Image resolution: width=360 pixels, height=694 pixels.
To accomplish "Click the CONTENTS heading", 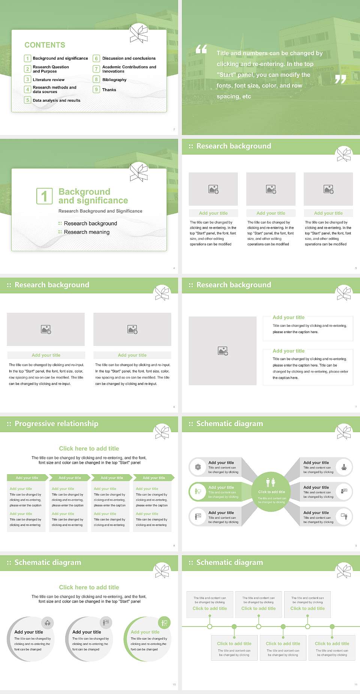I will [45, 45].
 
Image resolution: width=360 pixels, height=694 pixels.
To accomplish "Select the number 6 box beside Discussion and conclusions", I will [96, 59].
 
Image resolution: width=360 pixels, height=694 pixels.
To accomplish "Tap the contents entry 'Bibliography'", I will [114, 80].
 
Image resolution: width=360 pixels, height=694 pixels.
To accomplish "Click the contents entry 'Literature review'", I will [48, 80].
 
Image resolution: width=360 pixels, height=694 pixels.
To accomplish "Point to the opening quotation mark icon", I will [201, 49].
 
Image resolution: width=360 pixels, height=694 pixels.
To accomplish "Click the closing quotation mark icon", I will [340, 79].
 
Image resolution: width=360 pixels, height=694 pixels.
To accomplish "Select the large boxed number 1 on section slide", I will [44, 196].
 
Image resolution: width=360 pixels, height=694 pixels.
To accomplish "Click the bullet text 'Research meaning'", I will [87, 232].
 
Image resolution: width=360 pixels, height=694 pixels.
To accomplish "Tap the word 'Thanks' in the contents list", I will [109, 90].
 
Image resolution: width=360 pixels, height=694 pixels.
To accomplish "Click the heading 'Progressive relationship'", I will [56, 424].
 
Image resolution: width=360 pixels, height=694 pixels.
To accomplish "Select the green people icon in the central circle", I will [271, 482].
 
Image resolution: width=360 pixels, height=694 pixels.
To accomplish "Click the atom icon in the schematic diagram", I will [198, 467].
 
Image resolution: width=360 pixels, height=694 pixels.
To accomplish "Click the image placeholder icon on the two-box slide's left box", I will [46, 329].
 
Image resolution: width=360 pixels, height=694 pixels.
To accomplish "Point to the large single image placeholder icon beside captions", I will [223, 351].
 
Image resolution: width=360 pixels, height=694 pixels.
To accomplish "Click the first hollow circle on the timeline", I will [210, 626].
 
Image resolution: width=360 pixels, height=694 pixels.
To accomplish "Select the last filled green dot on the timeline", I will [332, 626].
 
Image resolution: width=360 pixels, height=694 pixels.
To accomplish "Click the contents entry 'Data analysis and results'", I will [56, 100].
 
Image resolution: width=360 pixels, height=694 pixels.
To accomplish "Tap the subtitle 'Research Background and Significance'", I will [100, 211].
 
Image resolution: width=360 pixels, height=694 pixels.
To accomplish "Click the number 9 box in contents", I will [96, 90].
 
